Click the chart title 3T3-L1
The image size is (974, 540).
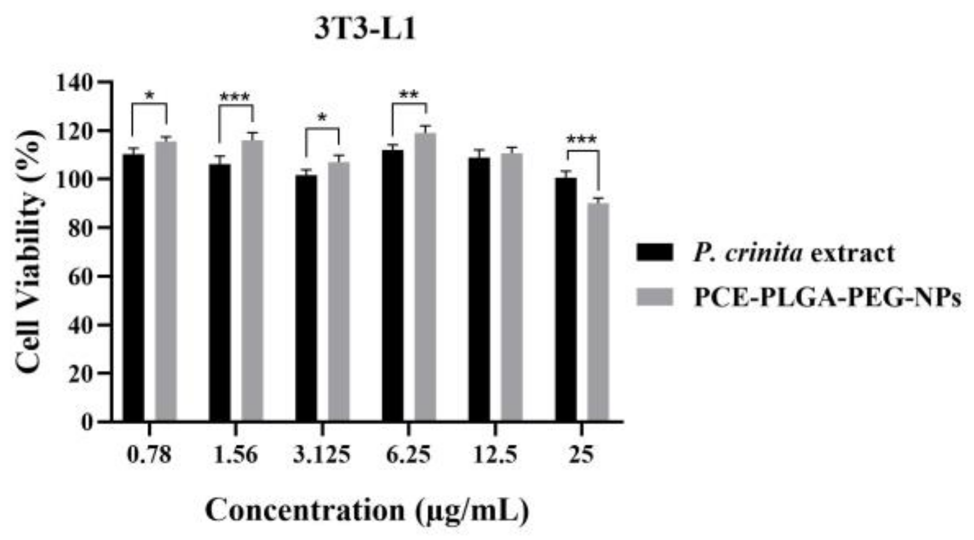coord(365,29)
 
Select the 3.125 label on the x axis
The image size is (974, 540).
coord(321,455)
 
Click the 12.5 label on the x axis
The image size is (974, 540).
coord(494,455)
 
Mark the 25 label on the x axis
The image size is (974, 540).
coord(581,455)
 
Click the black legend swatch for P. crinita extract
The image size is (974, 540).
coord(655,253)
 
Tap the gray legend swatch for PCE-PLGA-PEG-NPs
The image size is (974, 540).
coord(655,298)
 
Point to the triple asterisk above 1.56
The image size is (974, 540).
coord(235,98)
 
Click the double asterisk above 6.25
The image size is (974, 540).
coord(409,95)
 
